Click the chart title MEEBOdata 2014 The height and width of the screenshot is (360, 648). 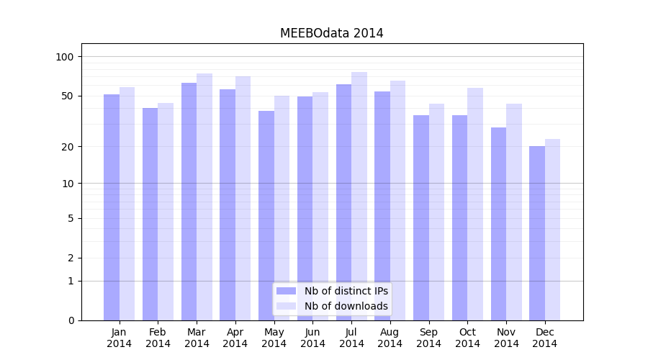331,33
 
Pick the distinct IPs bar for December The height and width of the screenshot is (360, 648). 537,233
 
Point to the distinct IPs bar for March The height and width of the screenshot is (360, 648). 189,202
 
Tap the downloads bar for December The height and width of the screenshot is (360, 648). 552,230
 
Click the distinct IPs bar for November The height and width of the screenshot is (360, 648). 498,224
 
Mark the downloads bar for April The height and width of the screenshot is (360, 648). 243,198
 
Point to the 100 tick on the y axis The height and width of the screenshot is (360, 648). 65,57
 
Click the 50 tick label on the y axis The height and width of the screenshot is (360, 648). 68,96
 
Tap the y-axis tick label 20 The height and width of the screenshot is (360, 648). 68,147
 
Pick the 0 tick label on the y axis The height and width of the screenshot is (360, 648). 71,320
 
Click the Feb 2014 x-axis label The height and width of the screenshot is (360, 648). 158,338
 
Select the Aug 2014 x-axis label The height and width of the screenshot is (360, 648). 390,338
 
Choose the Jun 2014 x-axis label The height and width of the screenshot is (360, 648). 312,338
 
